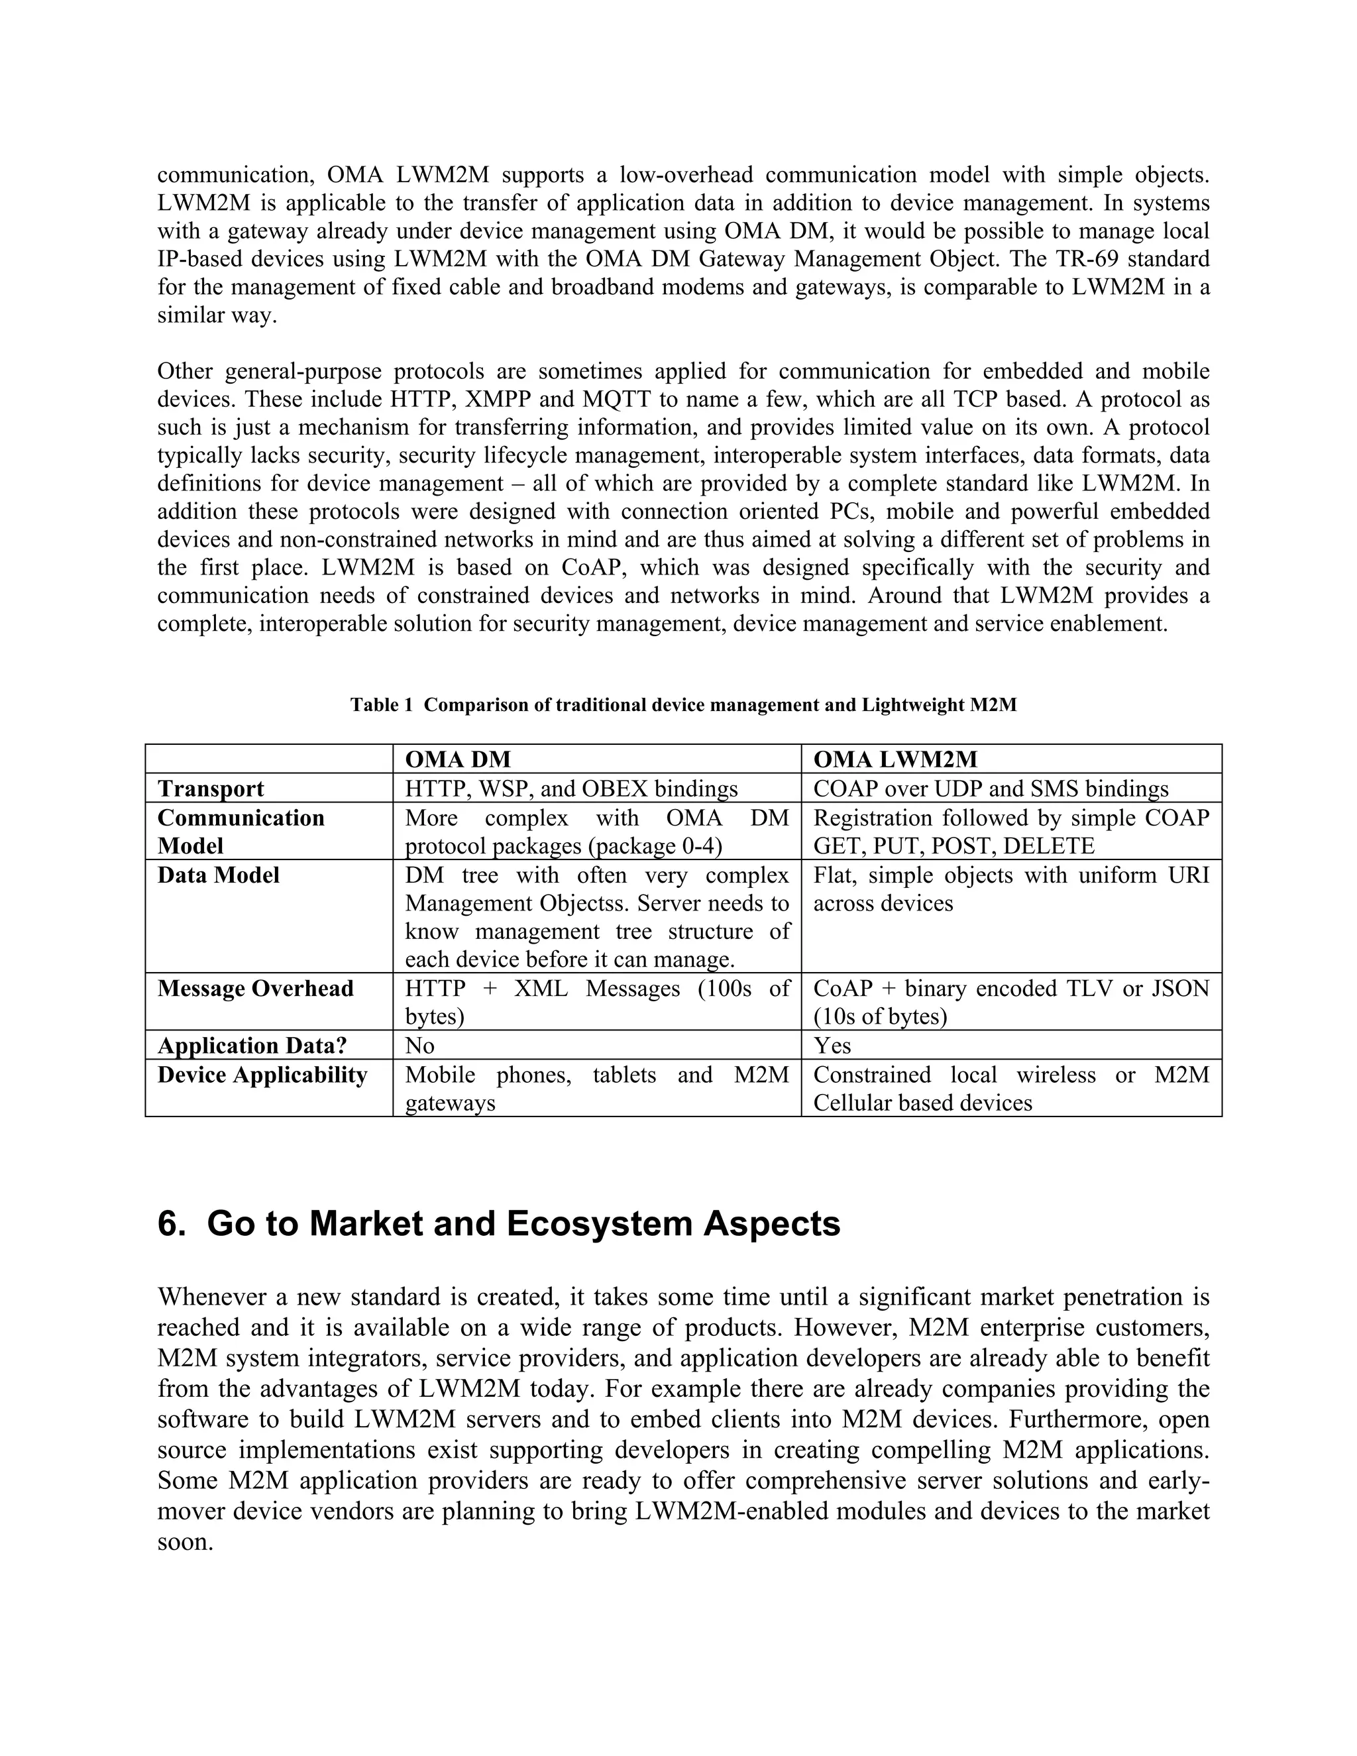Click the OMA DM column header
pos(457,759)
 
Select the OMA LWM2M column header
pos(896,759)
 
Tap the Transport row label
pos(211,789)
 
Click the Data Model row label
pos(219,875)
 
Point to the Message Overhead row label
pos(256,988)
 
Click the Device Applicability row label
pos(262,1075)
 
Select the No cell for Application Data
pos(419,1045)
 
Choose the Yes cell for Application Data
pos(832,1045)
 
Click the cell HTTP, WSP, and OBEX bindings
pos(570,789)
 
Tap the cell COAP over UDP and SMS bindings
pos(991,789)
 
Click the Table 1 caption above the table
pos(683,705)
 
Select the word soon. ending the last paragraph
pos(185,1541)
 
